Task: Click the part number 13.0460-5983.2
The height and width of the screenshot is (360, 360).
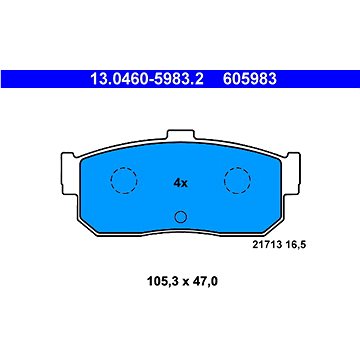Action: click(x=147, y=79)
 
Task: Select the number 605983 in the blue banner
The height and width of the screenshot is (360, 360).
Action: click(x=250, y=79)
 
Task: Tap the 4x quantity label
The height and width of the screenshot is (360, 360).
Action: click(x=181, y=183)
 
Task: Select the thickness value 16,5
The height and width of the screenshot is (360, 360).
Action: click(x=295, y=245)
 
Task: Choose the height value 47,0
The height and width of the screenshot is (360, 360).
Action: click(x=205, y=282)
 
